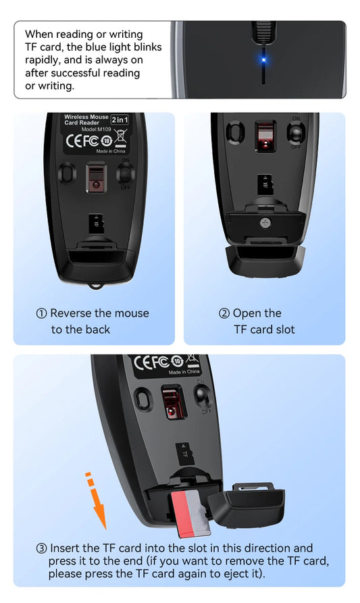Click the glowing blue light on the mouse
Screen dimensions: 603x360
pos(262,59)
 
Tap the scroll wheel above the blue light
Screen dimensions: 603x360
pos(262,31)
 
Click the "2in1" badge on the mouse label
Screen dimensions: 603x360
pos(120,119)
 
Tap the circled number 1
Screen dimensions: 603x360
pos(42,313)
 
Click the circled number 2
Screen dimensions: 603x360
pos(224,313)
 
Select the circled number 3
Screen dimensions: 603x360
pos(42,548)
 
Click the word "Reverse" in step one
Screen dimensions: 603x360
pos(71,313)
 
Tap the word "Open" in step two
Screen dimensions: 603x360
pos(249,313)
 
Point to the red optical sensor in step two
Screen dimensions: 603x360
pos(265,138)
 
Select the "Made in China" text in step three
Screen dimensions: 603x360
pos(184,372)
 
